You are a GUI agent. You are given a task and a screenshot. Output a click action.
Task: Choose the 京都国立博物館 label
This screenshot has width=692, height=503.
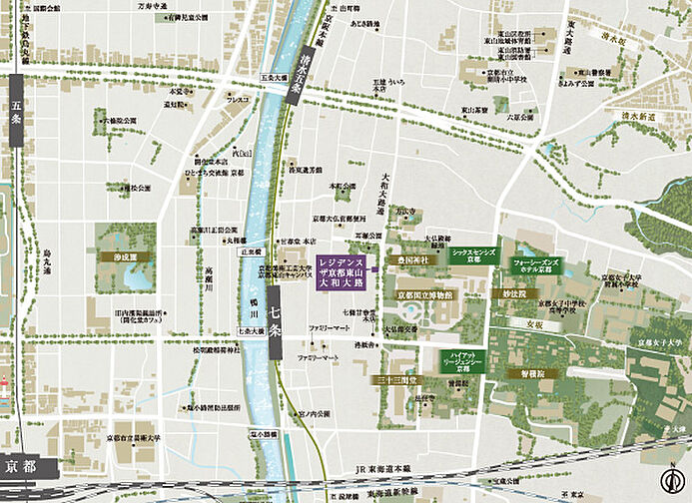(x=426, y=295)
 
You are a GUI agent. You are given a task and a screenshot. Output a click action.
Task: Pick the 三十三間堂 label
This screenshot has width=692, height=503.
(x=398, y=380)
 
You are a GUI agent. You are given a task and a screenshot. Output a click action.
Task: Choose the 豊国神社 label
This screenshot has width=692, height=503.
(x=413, y=259)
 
